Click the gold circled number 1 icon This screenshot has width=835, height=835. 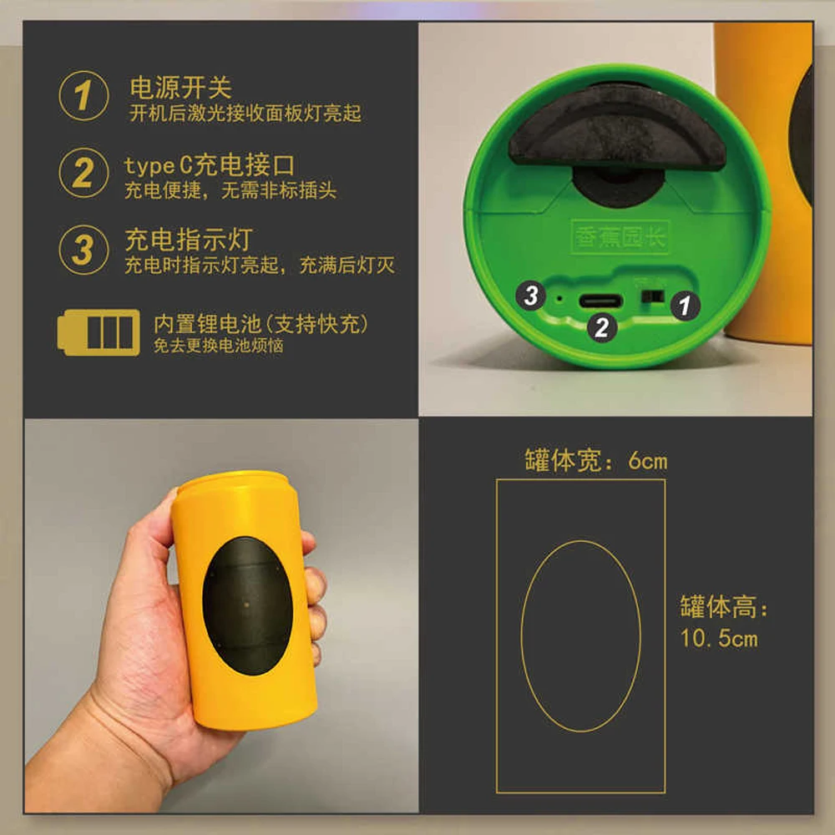point(83,96)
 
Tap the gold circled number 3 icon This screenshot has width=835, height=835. point(83,249)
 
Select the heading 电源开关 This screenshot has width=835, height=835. point(180,88)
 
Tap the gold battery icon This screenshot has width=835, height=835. point(99,332)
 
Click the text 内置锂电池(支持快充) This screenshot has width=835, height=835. point(261,324)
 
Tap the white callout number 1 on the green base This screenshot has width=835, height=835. point(685,306)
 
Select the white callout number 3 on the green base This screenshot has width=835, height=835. point(531,294)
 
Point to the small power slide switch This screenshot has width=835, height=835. point(651,297)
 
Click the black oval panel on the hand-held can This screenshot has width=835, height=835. point(248,605)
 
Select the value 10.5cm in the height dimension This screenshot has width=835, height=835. point(718,639)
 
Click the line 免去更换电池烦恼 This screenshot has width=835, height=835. point(218,345)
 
